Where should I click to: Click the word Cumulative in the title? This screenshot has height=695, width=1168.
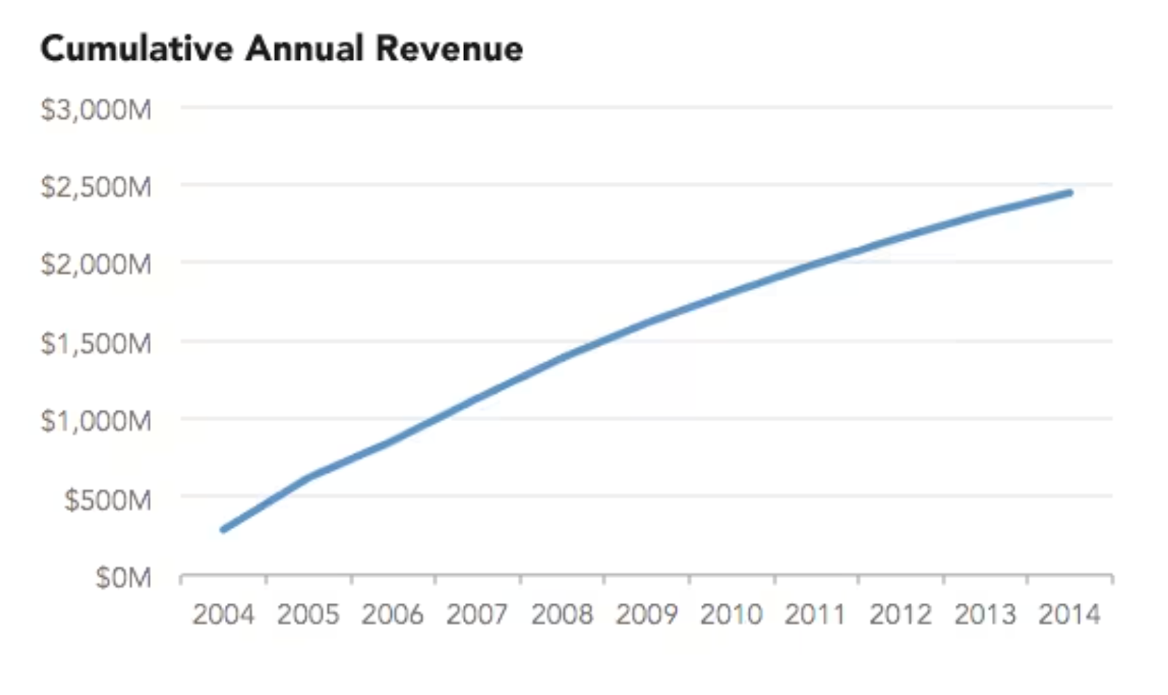coord(137,49)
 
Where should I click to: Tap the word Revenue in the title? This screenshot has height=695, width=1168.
coord(449,49)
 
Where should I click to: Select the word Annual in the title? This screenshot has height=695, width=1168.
coord(304,49)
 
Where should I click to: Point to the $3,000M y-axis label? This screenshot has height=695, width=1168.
coord(96,110)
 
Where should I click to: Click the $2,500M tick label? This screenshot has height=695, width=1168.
coord(96,187)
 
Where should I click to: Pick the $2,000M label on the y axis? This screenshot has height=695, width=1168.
coord(96,264)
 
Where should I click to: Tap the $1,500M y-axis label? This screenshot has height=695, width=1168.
coord(96,342)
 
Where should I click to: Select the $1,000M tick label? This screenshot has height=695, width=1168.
coord(96,421)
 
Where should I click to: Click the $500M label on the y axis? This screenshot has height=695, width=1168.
coord(108,499)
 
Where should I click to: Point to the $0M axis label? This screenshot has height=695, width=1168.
coord(123,577)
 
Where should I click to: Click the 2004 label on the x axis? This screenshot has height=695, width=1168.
coord(223,615)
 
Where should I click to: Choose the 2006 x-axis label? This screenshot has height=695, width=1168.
coord(392,615)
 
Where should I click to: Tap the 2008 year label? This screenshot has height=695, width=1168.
coord(561,615)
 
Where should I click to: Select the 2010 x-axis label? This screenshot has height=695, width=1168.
coord(731,615)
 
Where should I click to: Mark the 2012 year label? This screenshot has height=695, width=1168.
coord(900,615)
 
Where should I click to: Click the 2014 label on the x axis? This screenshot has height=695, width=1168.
coord(1069,615)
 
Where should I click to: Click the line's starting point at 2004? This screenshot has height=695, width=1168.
coord(223,529)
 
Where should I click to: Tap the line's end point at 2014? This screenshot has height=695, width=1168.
coord(1069,193)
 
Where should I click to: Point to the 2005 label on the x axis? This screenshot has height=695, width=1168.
coord(308,615)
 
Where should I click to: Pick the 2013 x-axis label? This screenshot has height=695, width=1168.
coord(985,615)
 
